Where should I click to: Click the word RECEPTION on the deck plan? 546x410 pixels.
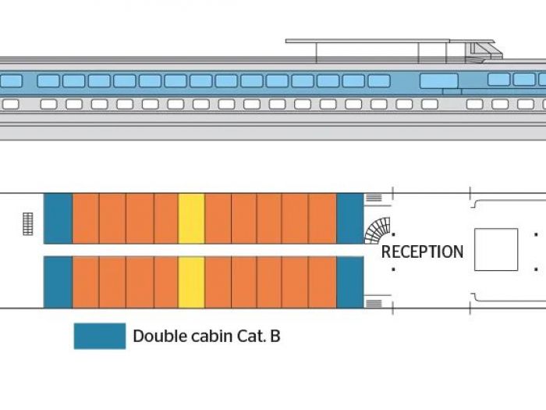(422, 251)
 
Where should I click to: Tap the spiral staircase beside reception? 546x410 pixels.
(378, 230)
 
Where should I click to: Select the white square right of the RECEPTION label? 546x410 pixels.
(496, 249)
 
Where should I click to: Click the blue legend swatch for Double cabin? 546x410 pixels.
(99, 337)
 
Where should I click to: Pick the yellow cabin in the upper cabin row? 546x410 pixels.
(191, 219)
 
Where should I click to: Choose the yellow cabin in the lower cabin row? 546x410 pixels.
(191, 282)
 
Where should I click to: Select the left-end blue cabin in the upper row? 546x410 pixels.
(58, 219)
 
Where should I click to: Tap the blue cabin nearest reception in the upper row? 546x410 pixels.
(349, 219)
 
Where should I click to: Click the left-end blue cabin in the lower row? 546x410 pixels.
(58, 282)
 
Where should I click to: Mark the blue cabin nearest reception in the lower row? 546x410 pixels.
(349, 282)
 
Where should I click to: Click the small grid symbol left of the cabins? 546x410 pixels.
(29, 223)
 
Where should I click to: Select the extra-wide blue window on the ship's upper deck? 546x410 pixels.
(439, 80)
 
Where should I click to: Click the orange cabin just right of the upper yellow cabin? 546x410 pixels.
(218, 219)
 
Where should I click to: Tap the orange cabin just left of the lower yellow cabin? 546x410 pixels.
(166, 282)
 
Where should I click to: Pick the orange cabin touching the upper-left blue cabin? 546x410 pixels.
(85, 219)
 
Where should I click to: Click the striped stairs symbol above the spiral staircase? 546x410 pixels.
(374, 198)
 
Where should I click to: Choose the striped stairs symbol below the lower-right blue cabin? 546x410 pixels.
(374, 302)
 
